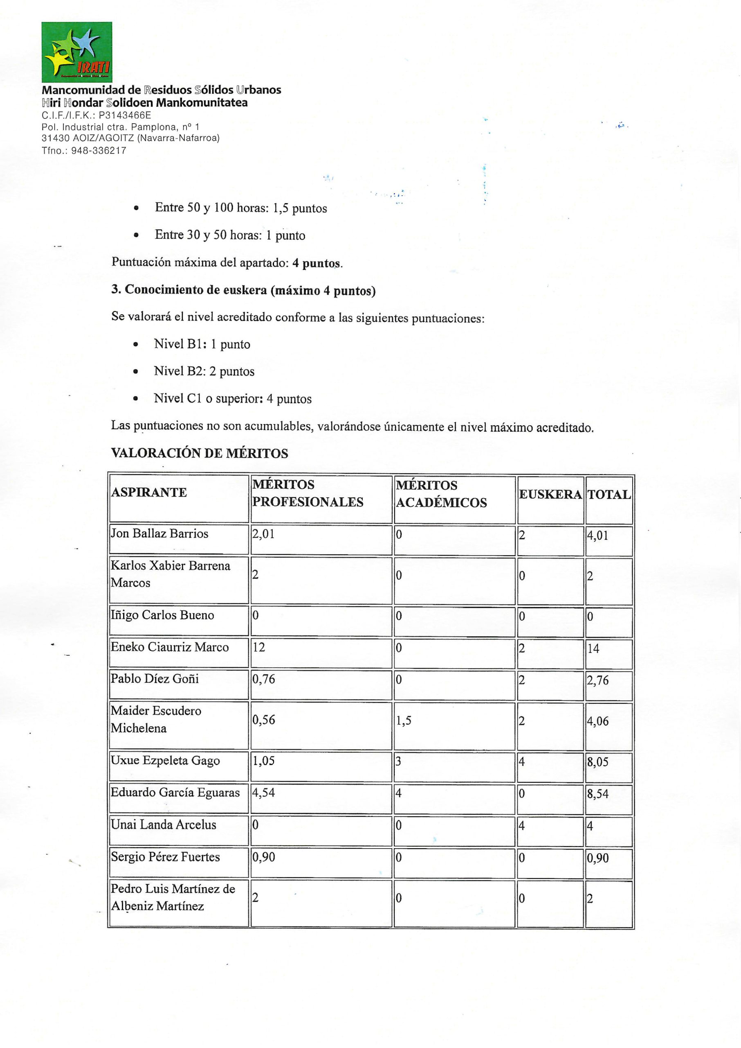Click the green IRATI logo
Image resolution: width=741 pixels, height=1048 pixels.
pos(76,52)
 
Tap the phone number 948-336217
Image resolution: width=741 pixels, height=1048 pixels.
pos(99,150)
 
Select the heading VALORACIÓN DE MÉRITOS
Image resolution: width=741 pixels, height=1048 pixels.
pos(200,454)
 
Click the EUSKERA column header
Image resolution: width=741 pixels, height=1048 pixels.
pos(550,495)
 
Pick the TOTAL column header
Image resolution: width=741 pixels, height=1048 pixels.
pos(609,495)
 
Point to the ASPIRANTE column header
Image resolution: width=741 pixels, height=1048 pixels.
pos(149,492)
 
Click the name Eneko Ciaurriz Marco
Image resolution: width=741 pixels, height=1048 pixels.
pos(169,647)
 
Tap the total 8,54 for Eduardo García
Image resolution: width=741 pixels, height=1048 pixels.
pos(598,794)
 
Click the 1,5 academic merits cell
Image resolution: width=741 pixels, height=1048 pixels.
pos(403,720)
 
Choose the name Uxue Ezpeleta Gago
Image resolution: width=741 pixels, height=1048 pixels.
pos(165,760)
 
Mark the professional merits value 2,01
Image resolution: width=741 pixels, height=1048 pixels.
pos(263,534)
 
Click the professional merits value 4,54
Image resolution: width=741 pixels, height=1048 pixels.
pos(263,792)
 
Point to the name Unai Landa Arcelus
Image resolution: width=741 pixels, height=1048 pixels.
pos(163,825)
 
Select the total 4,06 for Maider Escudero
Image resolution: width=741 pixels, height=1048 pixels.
pos(598,721)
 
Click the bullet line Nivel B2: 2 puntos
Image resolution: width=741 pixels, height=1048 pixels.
pos(204,371)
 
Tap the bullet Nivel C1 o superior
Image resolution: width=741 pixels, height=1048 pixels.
pos(233,399)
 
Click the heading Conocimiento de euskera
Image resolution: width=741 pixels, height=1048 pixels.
pos(244,290)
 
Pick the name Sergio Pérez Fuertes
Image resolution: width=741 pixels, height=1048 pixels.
pos(165,857)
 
